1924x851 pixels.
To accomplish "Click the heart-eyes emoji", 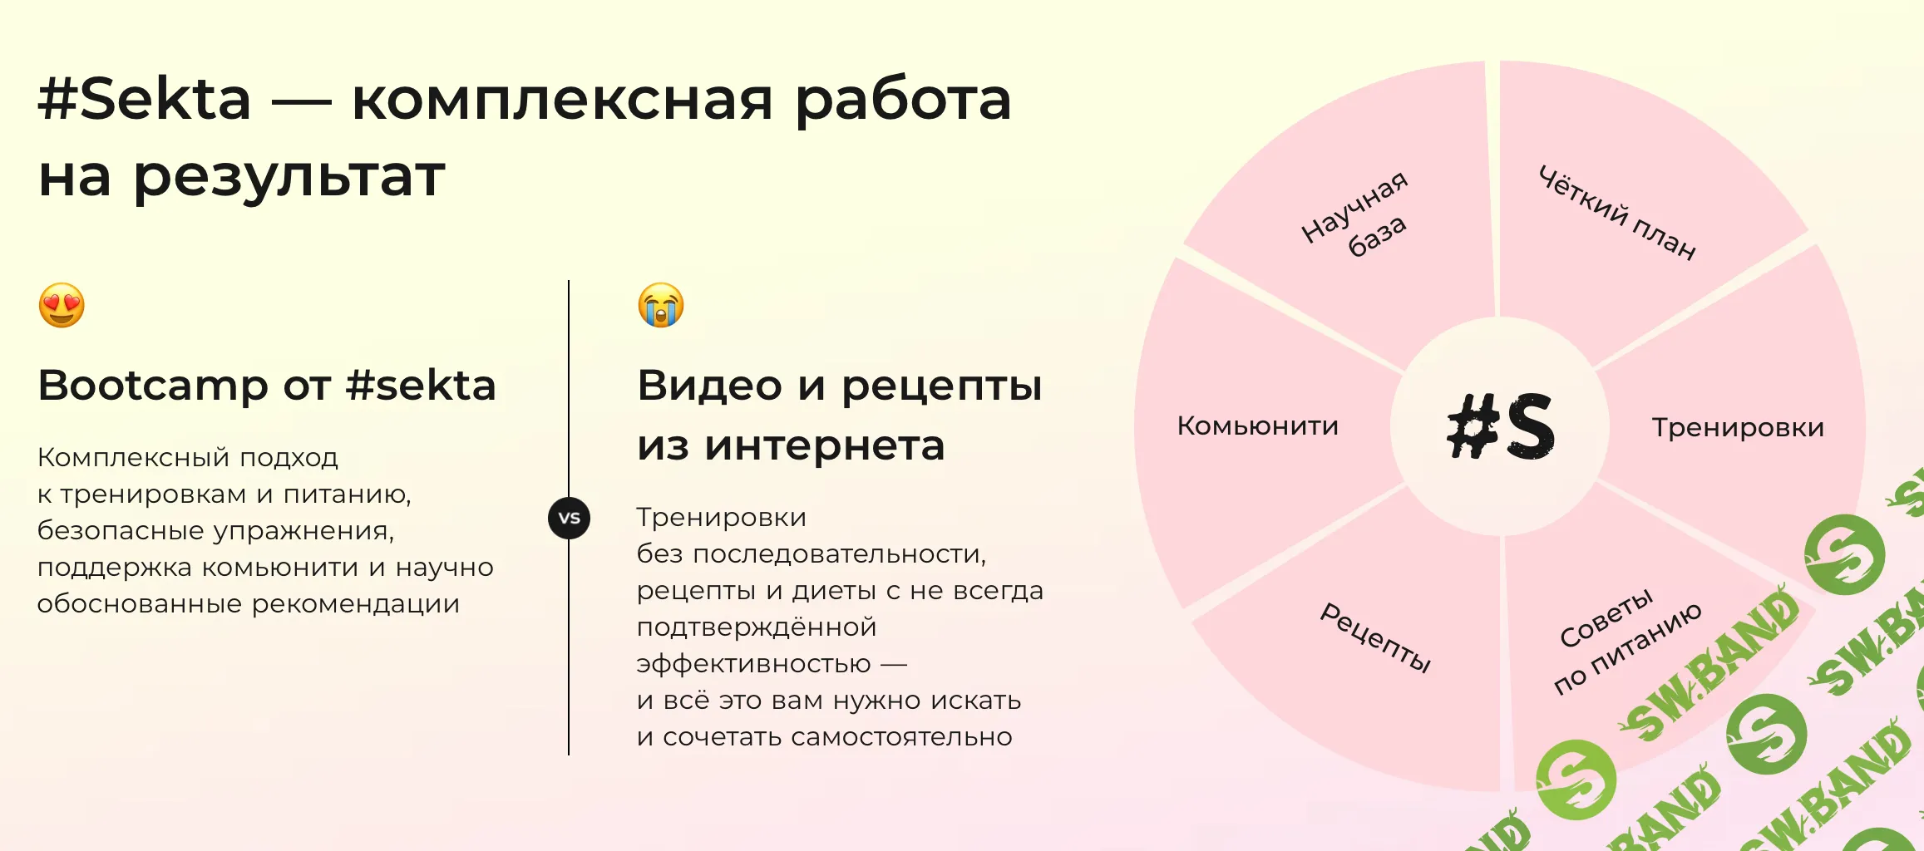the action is pos(62,305).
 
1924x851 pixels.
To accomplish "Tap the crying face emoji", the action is pos(661,305).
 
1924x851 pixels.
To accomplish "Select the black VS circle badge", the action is pos(570,518).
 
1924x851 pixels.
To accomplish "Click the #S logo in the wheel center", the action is pos(1501,426).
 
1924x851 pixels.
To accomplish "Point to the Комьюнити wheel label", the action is pos(1257,426).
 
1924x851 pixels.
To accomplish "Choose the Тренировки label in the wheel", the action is pos(1738,427).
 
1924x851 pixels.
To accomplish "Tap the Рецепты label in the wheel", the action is pos(1376,637).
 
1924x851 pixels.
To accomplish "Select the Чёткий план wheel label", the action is pos(1617,212).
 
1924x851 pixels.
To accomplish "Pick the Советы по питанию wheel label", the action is pos(1626,640).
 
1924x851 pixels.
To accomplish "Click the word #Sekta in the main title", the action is pos(145,99).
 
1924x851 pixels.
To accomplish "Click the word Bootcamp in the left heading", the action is pos(153,386).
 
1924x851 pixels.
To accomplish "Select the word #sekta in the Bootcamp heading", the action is pos(421,386).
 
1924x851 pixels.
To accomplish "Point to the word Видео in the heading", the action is pos(710,386).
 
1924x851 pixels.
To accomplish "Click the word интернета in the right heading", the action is pos(825,446).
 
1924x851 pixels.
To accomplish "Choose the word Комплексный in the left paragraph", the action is pos(133,457).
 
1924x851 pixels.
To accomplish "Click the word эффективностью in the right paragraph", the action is pos(753,664).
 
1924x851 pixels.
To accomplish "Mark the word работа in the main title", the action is pos(903,101).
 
